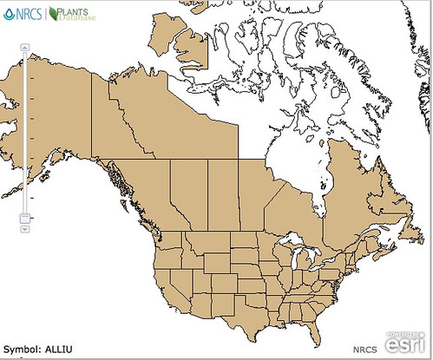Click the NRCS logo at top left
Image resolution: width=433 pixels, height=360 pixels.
click(x=22, y=14)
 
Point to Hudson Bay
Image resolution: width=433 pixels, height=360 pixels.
click(x=295, y=165)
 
